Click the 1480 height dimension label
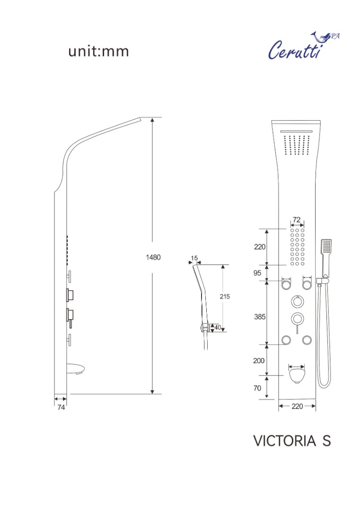[x=153, y=257]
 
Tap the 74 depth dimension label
[x=61, y=407]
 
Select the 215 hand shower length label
[x=225, y=296]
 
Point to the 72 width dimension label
[x=297, y=220]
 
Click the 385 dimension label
[x=260, y=316]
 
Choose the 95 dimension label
[x=257, y=273]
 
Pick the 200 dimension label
[x=259, y=360]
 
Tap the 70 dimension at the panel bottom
[x=257, y=388]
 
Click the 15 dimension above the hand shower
[x=194, y=258]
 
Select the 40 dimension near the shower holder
[x=218, y=327]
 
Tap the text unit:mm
[x=98, y=51]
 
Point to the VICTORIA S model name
[x=292, y=441]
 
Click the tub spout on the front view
[x=297, y=375]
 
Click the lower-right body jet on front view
[x=307, y=340]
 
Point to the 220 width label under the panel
[x=297, y=406]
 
